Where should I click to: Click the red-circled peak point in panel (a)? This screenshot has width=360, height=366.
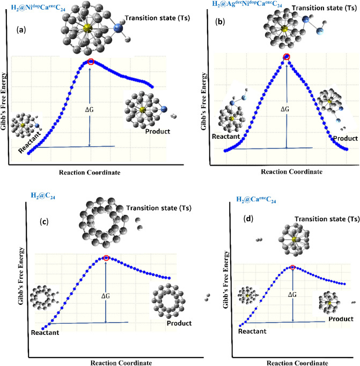[x=91, y=62]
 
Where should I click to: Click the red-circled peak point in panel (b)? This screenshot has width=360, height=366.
[x=286, y=57]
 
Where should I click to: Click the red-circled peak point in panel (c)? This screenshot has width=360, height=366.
[x=106, y=258]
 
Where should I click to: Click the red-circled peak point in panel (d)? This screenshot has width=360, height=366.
[x=292, y=267]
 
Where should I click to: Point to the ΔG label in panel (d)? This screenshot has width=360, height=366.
[x=292, y=295]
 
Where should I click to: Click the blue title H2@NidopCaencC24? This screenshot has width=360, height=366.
[x=41, y=8]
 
